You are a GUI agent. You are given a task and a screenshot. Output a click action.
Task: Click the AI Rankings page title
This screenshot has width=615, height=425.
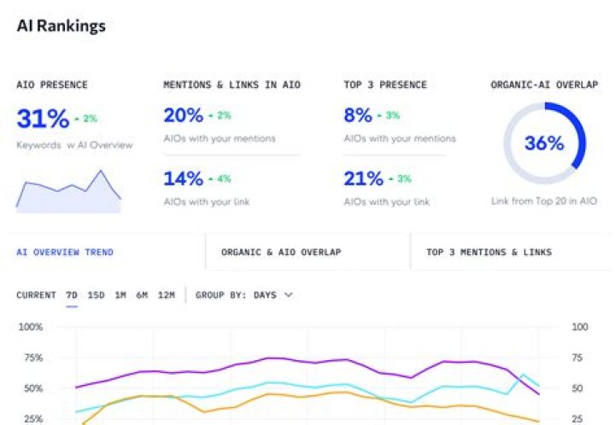pos(61,26)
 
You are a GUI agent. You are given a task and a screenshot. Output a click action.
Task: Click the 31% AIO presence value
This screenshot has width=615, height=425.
pos(42,117)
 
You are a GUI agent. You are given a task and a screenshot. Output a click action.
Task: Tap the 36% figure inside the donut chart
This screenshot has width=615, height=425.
pos(544,143)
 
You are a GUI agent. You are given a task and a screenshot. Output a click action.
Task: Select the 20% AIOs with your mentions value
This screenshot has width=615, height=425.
pos(183,115)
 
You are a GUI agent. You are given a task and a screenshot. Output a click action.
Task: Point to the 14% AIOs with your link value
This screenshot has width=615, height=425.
pos(183,178)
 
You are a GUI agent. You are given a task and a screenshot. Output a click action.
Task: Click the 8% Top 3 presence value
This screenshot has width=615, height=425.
pos(358,115)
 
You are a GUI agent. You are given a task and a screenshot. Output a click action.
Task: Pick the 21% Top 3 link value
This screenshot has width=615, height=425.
pos(363,178)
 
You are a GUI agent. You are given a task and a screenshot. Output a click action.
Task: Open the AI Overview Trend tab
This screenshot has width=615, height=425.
pos(65,252)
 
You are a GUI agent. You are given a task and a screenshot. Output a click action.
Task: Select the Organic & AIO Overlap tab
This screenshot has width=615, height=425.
pos(281,252)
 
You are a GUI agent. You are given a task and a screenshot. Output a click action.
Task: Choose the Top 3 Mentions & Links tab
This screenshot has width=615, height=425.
pos(489,252)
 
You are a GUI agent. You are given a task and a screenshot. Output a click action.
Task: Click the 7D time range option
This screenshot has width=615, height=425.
pos(72,294)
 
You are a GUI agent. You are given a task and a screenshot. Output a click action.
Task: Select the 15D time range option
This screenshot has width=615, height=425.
pos(97,294)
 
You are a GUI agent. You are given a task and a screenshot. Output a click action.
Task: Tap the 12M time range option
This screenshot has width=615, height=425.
pos(167,294)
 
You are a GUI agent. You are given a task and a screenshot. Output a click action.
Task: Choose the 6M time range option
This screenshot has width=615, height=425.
pos(142,294)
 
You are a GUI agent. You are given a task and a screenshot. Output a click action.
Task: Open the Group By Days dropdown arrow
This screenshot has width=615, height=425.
pos(288,294)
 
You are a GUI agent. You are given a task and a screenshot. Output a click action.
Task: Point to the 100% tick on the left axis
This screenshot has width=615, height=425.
pos(31,327)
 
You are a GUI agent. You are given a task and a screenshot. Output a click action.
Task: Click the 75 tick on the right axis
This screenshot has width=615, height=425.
pos(579,358)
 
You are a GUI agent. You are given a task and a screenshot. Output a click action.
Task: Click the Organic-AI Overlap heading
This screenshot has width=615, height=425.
pos(544,84)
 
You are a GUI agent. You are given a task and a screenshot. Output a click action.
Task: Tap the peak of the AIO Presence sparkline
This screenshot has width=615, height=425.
pos(102,171)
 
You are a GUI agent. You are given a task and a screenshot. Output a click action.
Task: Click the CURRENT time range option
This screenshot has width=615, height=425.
pos(36,294)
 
